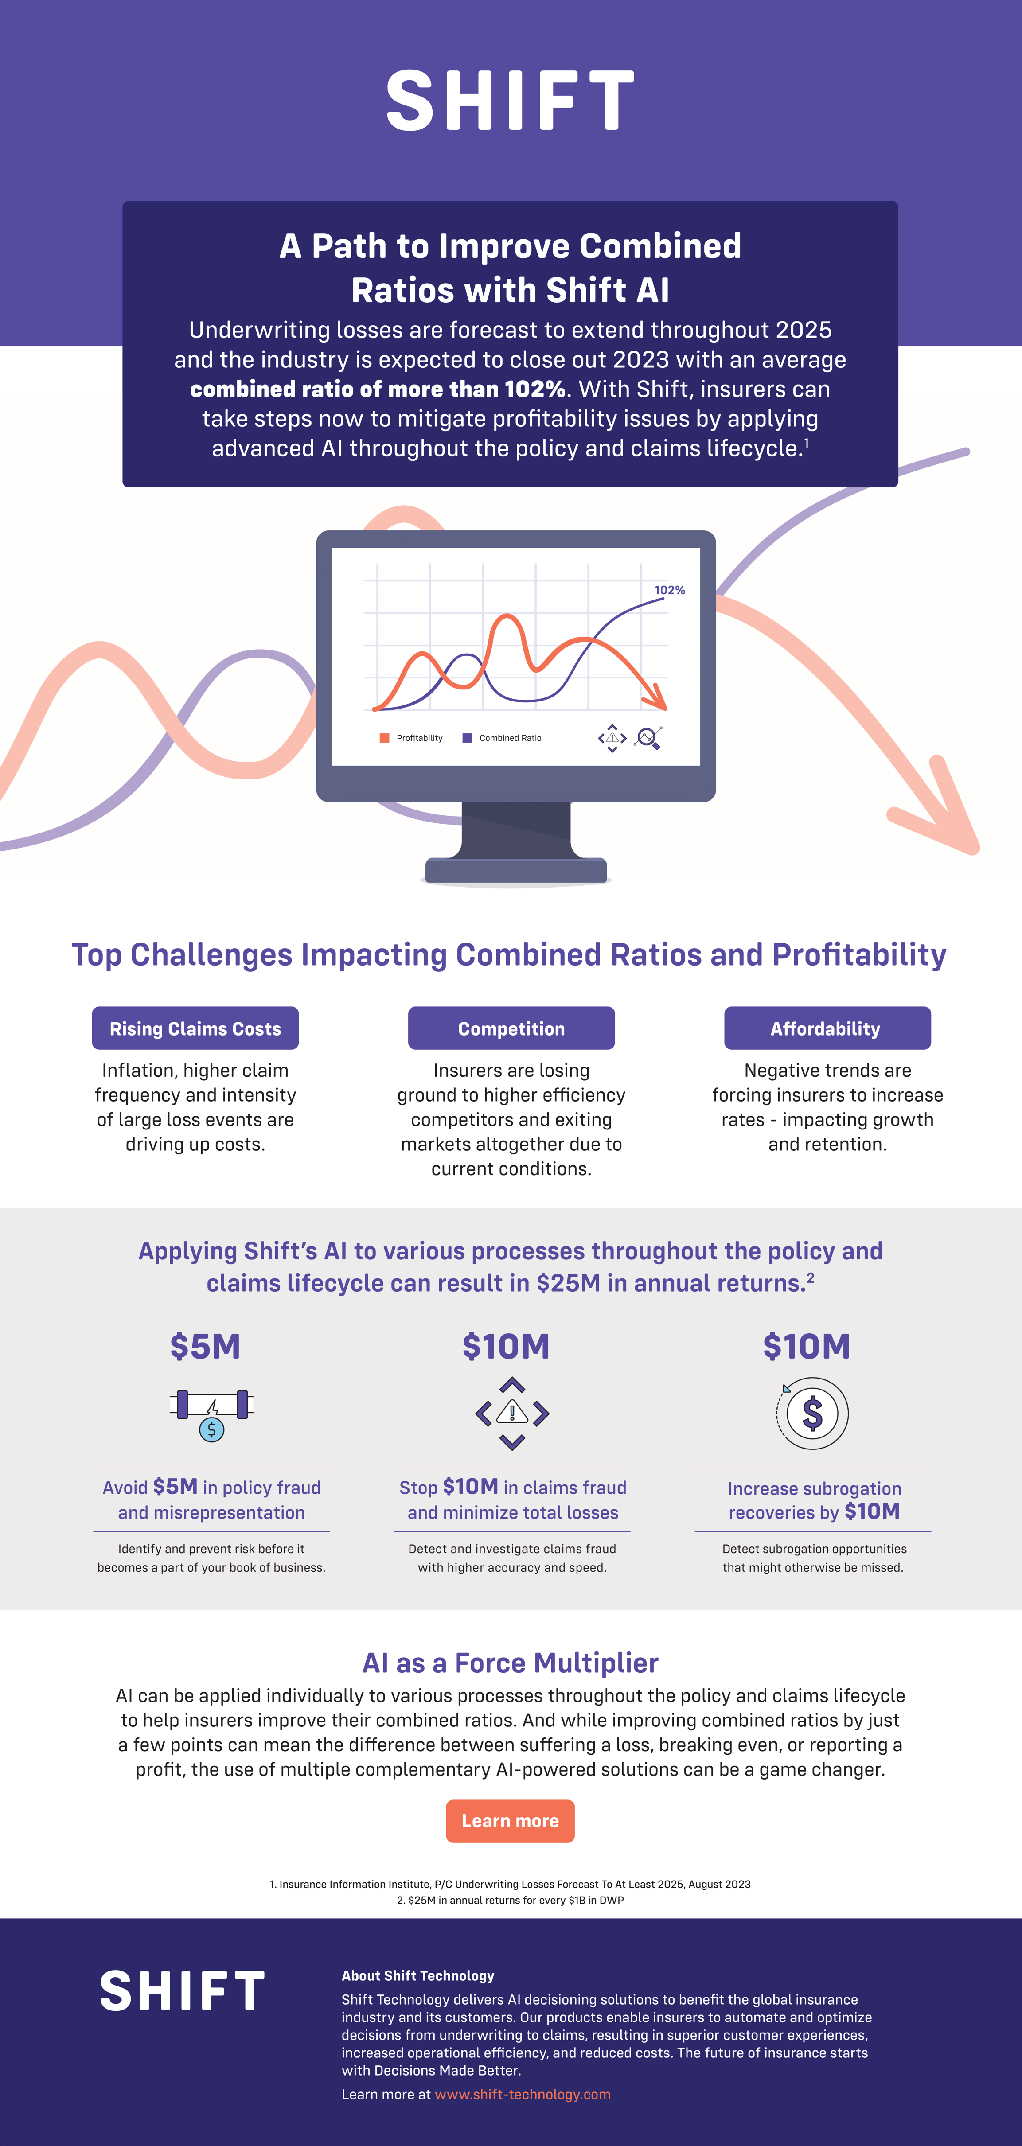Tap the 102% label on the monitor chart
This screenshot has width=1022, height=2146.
coord(670,590)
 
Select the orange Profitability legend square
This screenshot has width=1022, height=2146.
coord(384,738)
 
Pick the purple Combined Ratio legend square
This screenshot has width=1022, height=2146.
coord(467,738)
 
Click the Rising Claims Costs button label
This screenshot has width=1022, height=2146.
coord(195,1029)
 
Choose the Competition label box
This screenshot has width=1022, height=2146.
coord(511,1029)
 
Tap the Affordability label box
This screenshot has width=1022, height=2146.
coord(826,1029)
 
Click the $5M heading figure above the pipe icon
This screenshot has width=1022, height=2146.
coord(205,1346)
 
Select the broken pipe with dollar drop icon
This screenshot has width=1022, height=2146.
coord(211,1413)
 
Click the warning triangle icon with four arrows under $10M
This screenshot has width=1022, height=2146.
coord(512,1413)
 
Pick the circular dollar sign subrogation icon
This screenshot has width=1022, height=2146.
coord(812,1413)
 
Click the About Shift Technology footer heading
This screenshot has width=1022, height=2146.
coord(417,1975)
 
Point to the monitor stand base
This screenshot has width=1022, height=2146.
coord(515,871)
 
